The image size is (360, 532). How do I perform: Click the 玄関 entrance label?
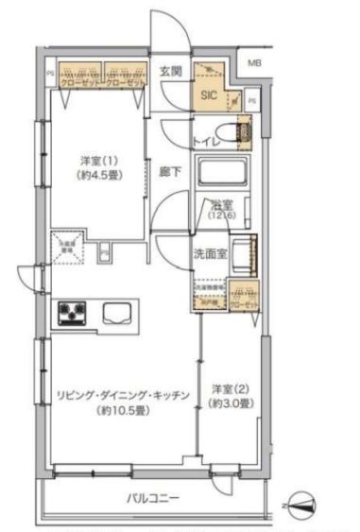pos(170,71)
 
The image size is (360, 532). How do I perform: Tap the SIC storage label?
pos(207,94)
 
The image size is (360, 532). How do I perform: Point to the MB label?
pos(254,63)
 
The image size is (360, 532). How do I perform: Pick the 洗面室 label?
pos(209,254)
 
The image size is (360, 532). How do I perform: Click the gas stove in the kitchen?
pos(73,313)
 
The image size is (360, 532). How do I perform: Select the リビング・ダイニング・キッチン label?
pos(124,394)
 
